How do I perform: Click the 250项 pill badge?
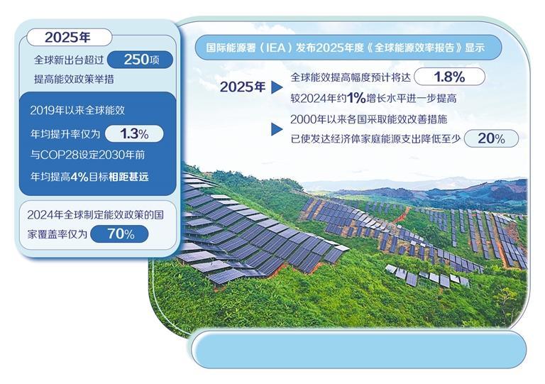click(x=140, y=60)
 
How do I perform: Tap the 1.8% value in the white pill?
click(x=449, y=77)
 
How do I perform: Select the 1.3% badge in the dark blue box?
click(x=134, y=133)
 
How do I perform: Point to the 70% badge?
click(x=119, y=234)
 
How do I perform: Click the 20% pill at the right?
click(x=491, y=138)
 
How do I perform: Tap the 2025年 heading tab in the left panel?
click(x=69, y=37)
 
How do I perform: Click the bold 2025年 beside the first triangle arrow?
click(x=243, y=87)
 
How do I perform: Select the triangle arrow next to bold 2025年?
click(x=276, y=87)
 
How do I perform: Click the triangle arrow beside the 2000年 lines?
click(x=276, y=129)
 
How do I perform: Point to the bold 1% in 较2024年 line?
click(x=356, y=98)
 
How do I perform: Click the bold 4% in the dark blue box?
click(x=79, y=177)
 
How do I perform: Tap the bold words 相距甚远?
click(x=128, y=177)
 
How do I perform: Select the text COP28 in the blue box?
click(x=59, y=155)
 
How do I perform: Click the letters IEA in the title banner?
click(x=275, y=48)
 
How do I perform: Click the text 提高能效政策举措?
click(x=74, y=79)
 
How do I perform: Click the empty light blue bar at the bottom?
click(x=358, y=350)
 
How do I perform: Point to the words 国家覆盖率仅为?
click(x=57, y=234)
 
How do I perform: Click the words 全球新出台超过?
click(x=69, y=60)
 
